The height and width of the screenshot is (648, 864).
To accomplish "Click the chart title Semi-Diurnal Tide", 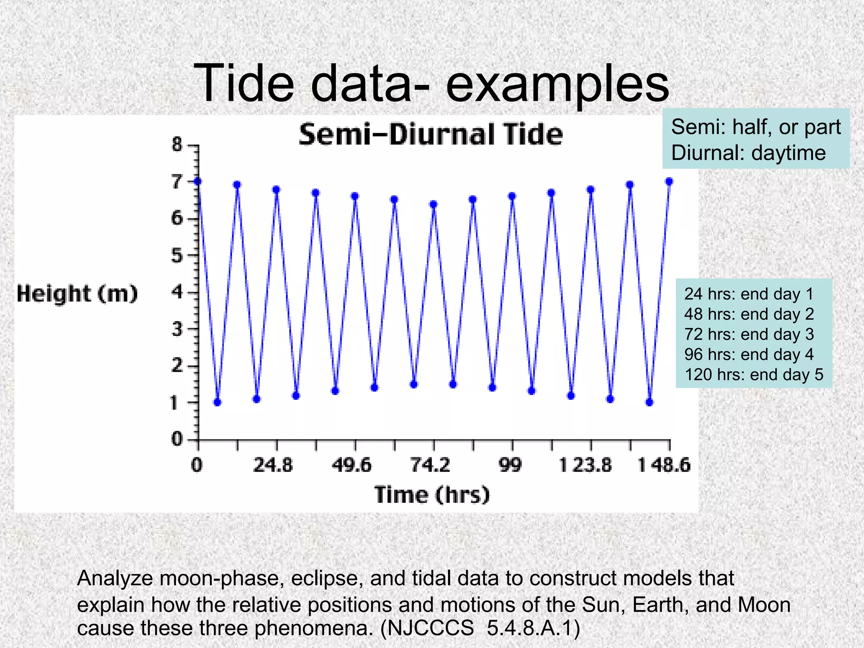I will (x=430, y=135).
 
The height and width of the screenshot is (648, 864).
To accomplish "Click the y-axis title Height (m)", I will (x=77, y=294).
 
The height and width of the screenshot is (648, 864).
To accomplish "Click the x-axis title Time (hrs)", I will (x=432, y=494).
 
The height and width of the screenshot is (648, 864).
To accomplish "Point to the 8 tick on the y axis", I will (x=177, y=145).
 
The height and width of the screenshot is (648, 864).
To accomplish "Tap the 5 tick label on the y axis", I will (x=177, y=256).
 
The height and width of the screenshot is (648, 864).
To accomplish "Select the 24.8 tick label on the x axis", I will (x=273, y=465).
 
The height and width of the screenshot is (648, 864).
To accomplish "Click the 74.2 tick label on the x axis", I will (x=430, y=465).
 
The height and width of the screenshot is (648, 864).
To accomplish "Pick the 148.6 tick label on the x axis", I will (x=664, y=465).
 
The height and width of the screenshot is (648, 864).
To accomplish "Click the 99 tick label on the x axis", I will (x=510, y=465).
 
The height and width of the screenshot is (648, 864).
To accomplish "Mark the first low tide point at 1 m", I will (x=217, y=402).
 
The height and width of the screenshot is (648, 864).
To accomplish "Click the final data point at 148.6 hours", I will (x=669, y=181).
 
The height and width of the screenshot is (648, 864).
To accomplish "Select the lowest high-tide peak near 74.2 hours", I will (x=433, y=205).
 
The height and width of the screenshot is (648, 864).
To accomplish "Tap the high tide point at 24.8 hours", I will (x=276, y=189).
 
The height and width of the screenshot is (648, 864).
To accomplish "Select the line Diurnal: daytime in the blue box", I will (x=748, y=153).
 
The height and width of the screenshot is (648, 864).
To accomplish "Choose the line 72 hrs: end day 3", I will (x=749, y=334).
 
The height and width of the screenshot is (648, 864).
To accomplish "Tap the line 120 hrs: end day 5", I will (x=753, y=375).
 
